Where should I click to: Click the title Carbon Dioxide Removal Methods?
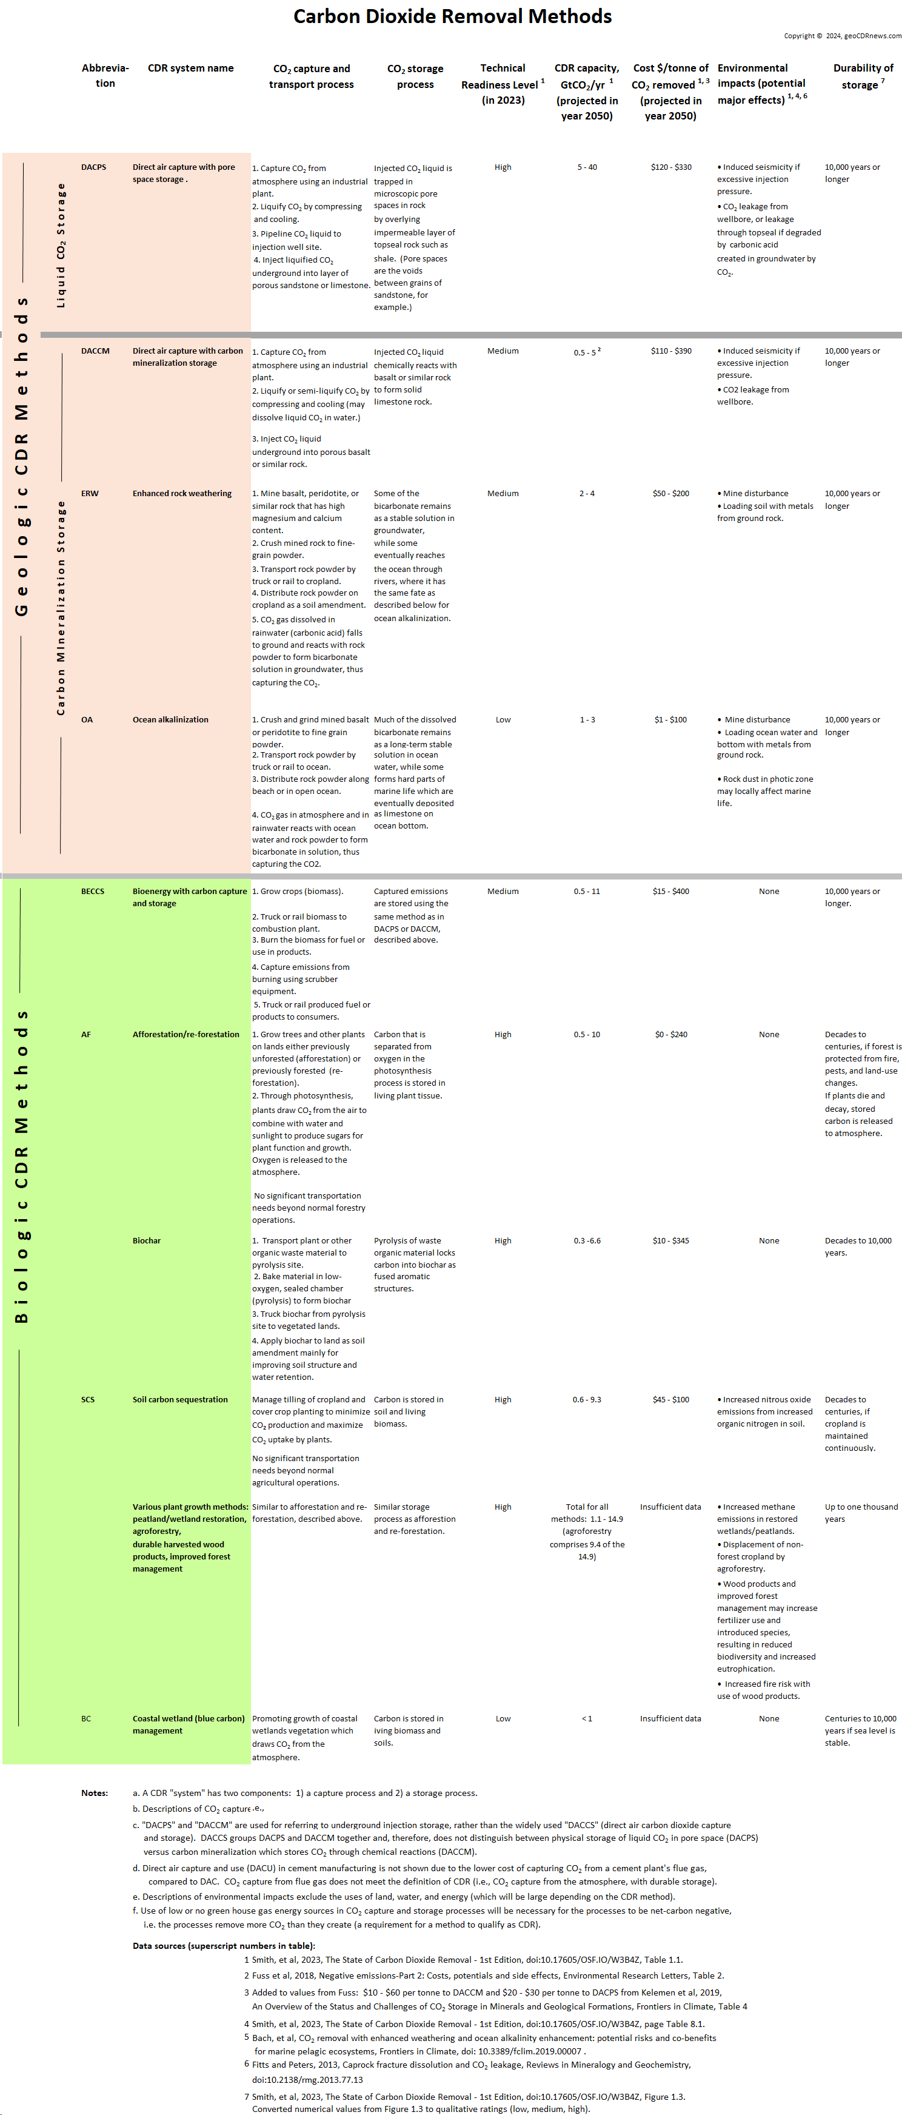coord(452,16)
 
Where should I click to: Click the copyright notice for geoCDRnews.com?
coord(842,36)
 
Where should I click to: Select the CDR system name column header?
coord(190,68)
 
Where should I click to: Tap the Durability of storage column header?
coord(863,76)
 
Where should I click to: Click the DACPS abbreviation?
coord(93,167)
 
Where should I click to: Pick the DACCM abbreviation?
coord(95,351)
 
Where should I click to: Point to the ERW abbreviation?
coord(90,494)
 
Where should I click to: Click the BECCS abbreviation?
coord(93,892)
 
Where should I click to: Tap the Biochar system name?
coord(147,1240)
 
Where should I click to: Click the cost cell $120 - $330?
coord(670,167)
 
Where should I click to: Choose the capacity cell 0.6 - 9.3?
coord(587,1400)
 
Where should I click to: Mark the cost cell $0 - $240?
coord(670,1035)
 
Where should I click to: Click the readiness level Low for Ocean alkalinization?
coord(503,720)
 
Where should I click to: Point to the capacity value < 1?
coord(587,1718)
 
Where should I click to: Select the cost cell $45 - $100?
coord(670,1400)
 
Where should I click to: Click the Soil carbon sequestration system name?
coord(181,1400)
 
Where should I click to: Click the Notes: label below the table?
coord(95,1792)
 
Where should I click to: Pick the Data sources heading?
coord(223,1946)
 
